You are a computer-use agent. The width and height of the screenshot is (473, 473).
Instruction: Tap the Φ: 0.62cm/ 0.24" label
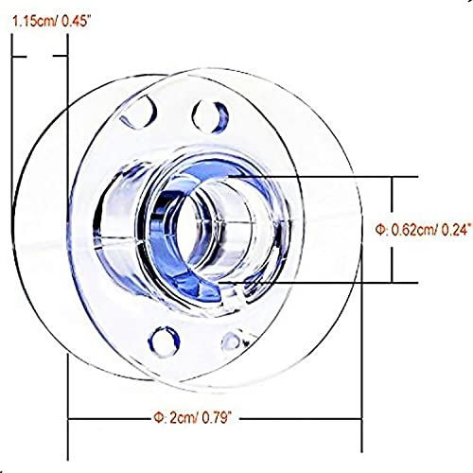[x=424, y=230]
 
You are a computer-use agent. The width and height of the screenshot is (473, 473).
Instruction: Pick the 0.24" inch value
[x=457, y=230]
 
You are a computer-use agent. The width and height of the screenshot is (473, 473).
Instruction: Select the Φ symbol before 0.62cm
[x=379, y=230]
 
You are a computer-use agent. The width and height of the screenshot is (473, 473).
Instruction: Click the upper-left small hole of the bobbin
[x=139, y=113]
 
